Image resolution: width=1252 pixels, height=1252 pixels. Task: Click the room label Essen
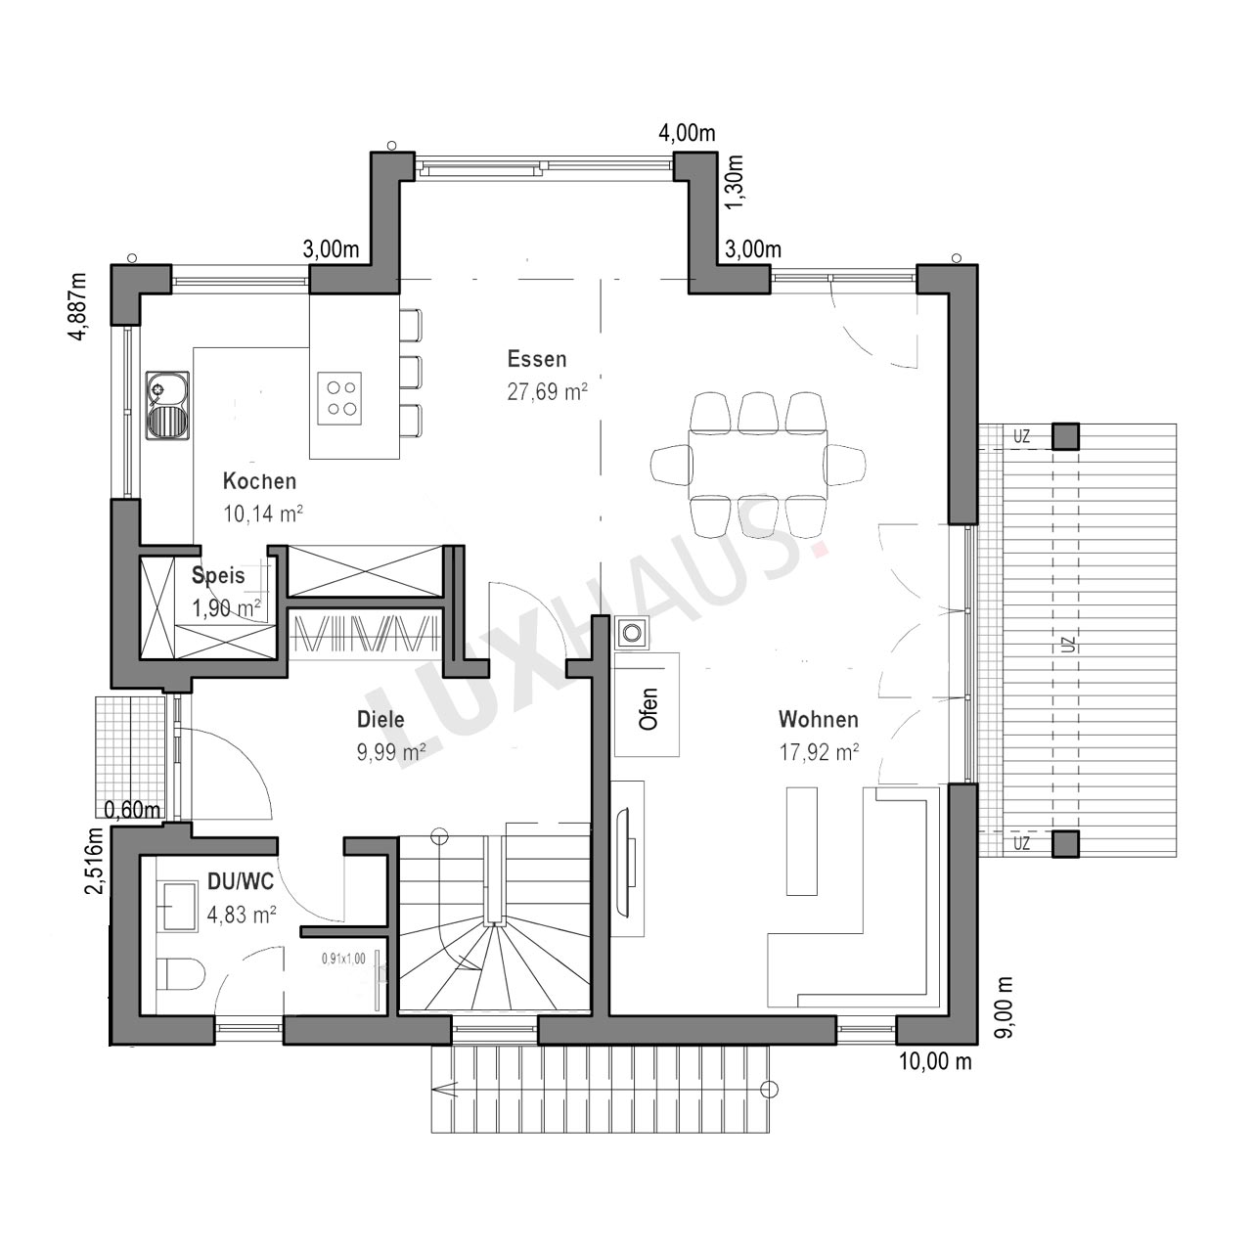coord(537,359)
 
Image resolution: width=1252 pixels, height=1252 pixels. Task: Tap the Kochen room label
coord(259,481)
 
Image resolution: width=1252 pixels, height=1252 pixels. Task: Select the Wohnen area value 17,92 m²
coord(819,752)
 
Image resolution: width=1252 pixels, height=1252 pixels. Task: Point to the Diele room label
coord(380,719)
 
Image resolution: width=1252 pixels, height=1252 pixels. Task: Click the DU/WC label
coord(241,881)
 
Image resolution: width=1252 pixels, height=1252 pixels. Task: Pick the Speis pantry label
coord(218,576)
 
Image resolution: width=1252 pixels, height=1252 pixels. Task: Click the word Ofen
coord(648,709)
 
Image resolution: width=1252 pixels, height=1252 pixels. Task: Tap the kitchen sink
coord(167,406)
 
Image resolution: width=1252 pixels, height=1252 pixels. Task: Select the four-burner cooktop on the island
coord(339,398)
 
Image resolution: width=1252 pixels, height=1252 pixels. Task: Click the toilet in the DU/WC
coord(182,974)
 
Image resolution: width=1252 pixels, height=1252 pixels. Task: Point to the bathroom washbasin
coord(177,905)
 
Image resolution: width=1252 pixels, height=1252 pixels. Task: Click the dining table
coord(758,464)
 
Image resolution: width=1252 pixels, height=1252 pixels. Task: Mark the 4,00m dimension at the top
coord(687,133)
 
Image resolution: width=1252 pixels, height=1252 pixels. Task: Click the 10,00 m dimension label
coord(935,1061)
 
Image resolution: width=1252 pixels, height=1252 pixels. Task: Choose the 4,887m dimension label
coord(78,306)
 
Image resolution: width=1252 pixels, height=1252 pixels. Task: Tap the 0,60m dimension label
coord(132,810)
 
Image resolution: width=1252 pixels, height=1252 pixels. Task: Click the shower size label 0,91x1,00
coord(343,959)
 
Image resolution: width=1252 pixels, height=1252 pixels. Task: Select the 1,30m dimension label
coord(734,183)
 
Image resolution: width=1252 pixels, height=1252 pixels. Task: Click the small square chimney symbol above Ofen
coord(631,632)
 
